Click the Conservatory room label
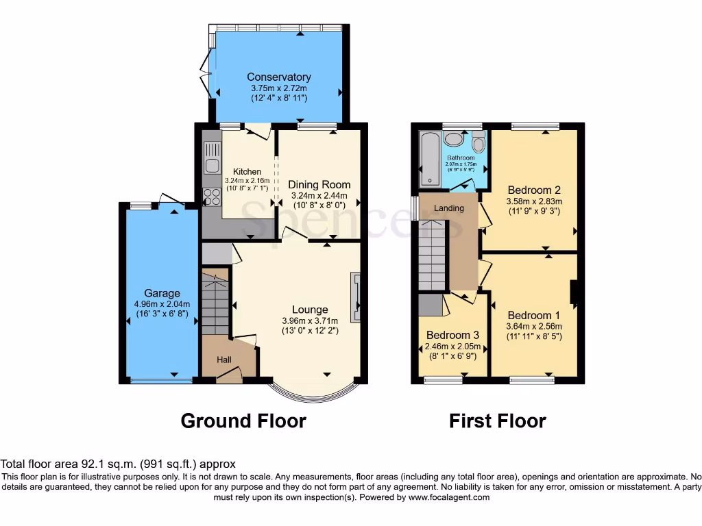coord(279,77)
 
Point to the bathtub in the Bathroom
coord(429,160)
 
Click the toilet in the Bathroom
coord(479,143)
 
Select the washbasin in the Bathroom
coord(453,139)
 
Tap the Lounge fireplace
coord(355,297)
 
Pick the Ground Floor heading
coord(243,421)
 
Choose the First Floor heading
coord(497,421)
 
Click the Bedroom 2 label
coord(534,190)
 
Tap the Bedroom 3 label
coord(453,336)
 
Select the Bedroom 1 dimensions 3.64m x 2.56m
coord(533,326)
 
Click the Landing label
coord(449,208)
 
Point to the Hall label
coord(224,360)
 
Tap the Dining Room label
coord(319,184)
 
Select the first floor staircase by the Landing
coord(433,253)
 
